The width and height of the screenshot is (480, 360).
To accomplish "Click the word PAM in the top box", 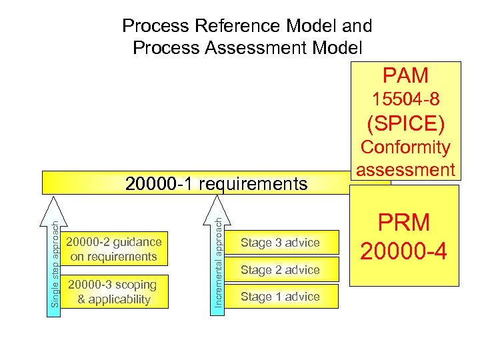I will pos(405,75).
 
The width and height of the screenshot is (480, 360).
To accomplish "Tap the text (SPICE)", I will pos(405,123).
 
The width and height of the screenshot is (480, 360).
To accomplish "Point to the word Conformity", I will pos(405,147).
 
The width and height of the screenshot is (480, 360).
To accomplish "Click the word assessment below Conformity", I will pos(405,169).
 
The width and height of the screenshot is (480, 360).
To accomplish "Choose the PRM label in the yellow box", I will pos(404,223).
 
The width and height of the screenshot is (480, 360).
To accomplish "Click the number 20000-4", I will pos(404,250).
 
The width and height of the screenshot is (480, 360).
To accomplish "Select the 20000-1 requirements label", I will pos(217,183).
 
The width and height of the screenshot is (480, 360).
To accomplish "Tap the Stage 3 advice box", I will pos(280,243).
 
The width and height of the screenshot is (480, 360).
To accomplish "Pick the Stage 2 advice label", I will pos(280,270).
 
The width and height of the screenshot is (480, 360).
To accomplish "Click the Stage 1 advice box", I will pos(280,297).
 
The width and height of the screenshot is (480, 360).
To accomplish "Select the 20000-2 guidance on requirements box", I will pos(114,249).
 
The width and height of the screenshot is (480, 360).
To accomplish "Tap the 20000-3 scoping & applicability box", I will pos(114,292).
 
